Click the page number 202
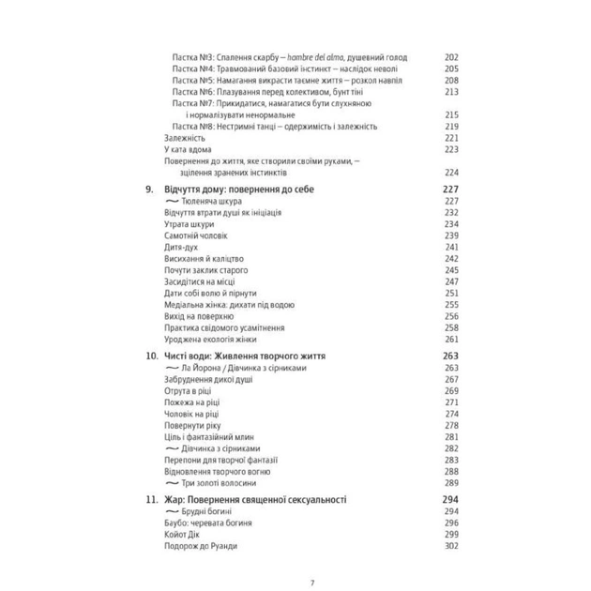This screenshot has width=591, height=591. point(450,56)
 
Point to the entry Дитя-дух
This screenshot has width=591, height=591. point(182,248)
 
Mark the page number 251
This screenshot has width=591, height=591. point(450,294)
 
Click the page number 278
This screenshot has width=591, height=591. point(450,424)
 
